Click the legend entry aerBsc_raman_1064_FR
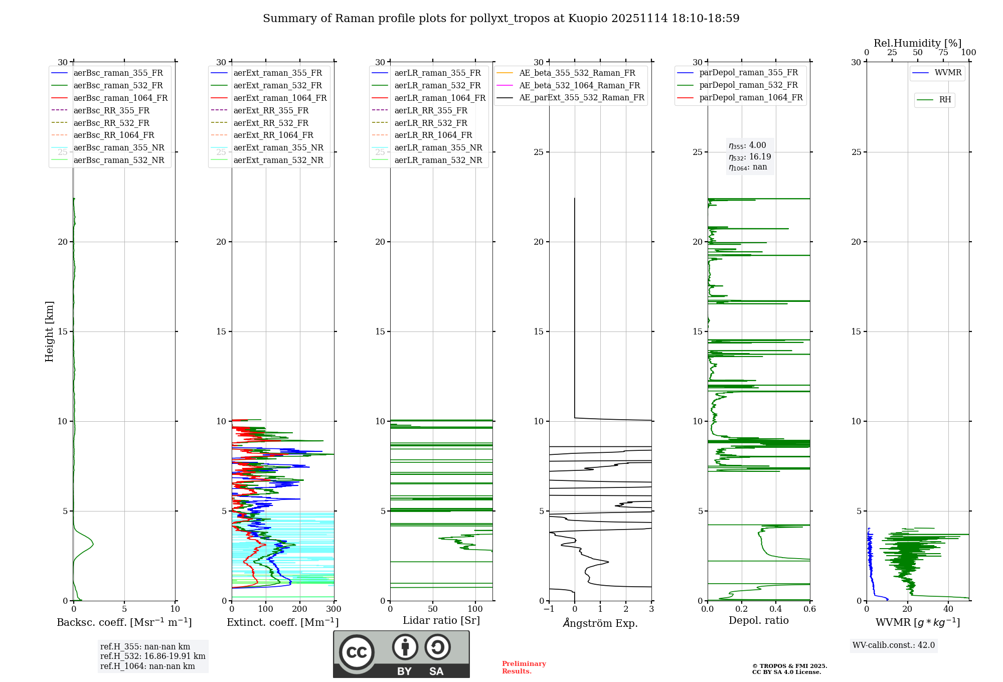tap(120, 98)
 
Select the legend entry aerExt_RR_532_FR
tap(271, 123)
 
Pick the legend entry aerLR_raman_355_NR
tap(438, 148)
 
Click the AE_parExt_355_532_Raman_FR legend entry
tap(581, 98)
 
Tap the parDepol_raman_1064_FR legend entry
tap(751, 98)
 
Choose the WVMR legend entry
tap(948, 73)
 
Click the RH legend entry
tap(945, 100)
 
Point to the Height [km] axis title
tap(49, 331)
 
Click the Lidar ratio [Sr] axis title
tap(441, 621)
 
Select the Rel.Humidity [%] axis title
tap(917, 43)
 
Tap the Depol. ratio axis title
tap(758, 621)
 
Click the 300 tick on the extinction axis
tap(333, 609)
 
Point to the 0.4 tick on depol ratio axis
tap(776, 609)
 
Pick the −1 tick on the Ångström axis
tap(549, 609)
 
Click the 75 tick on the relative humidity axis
tap(943, 53)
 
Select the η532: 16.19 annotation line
tap(750, 157)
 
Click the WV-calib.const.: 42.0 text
tap(894, 645)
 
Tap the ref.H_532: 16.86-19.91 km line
tap(152, 656)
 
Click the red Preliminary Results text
tap(524, 667)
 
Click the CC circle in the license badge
tap(357, 652)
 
